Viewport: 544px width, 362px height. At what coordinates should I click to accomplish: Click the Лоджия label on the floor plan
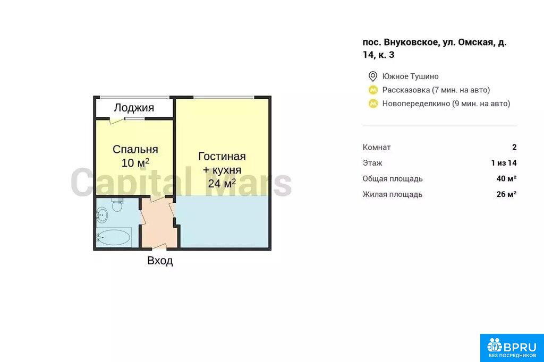tap(134, 108)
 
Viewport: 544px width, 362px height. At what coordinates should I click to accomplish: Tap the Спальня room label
tap(135, 149)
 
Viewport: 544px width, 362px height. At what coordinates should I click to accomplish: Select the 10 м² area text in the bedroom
tap(135, 162)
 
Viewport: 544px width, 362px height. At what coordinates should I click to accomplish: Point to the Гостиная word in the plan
tap(222, 157)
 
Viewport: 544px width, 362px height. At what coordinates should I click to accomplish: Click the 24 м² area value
tap(222, 184)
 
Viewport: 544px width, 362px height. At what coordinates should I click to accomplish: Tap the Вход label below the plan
tap(160, 261)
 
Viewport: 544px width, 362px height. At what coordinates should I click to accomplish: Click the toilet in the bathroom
tap(117, 205)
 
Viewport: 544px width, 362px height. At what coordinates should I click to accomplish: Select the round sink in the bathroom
tap(101, 215)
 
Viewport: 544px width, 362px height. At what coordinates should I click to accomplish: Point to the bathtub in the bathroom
tap(114, 237)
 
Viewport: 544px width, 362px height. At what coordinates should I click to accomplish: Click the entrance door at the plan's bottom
tap(159, 247)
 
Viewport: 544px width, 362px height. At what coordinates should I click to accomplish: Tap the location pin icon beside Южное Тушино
tap(372, 76)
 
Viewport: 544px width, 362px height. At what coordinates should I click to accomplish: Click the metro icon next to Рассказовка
tap(373, 90)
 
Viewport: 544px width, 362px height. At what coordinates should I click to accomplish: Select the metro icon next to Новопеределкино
tap(373, 104)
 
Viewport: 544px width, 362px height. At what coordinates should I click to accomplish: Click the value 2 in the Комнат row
tap(514, 148)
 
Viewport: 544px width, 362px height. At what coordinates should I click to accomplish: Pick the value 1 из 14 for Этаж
tap(504, 163)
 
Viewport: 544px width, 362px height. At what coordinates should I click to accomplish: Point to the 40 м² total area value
tap(506, 178)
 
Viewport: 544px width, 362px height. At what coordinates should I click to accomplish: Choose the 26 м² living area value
tap(506, 194)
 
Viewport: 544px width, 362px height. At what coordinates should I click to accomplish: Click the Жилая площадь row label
tap(393, 194)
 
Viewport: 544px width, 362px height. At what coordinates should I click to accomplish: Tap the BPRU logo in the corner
tap(512, 348)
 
